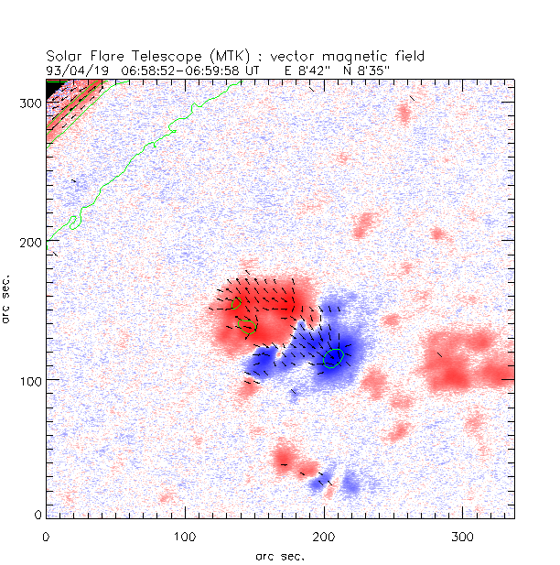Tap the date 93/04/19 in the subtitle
(75, 70)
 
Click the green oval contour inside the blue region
(333, 357)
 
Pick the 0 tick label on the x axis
(47, 534)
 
